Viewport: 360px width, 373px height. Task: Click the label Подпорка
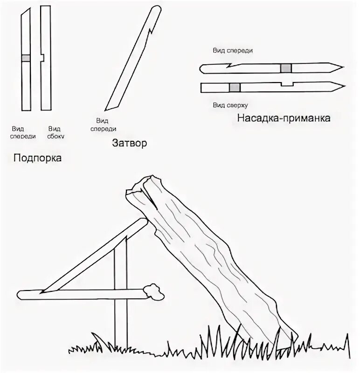click(38, 158)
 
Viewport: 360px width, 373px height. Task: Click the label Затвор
click(130, 143)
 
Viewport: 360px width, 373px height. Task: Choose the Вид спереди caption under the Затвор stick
click(104, 125)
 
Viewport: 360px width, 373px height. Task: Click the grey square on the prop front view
click(26, 58)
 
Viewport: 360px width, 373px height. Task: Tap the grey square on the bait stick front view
click(286, 69)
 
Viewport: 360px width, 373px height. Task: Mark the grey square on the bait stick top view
click(235, 87)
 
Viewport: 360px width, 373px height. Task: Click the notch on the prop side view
click(42, 58)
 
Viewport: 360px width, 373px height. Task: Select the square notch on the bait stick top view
click(287, 84)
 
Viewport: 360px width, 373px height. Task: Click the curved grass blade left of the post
click(97, 339)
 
